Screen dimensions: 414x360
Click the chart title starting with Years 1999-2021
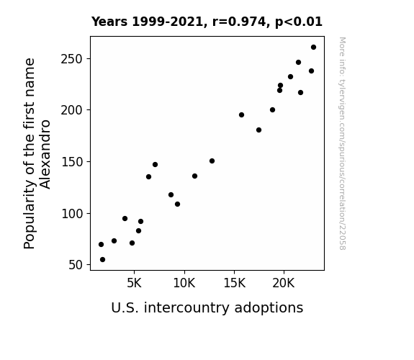(207, 22)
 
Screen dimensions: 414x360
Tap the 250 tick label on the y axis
(72, 59)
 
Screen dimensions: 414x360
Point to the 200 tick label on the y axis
(72, 110)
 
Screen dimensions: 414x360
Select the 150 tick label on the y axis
(72, 162)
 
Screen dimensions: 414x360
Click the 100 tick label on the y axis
(72, 213)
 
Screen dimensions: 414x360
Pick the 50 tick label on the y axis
(76, 265)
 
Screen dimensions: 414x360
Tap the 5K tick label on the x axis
(134, 283)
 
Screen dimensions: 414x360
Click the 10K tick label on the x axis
(184, 283)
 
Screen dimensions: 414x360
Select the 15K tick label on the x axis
(235, 283)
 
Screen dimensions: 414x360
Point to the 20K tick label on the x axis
(284, 283)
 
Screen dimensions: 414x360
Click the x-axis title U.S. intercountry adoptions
(207, 308)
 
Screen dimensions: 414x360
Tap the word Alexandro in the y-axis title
(45, 154)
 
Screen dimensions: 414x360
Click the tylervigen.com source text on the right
(342, 143)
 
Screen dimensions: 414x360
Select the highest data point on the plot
(313, 48)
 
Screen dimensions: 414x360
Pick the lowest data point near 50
(102, 260)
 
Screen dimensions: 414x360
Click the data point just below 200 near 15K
(241, 115)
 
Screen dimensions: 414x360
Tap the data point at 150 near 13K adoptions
(212, 161)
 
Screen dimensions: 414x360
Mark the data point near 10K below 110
(177, 204)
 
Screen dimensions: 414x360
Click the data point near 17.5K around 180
(258, 130)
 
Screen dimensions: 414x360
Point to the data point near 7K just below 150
(155, 165)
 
